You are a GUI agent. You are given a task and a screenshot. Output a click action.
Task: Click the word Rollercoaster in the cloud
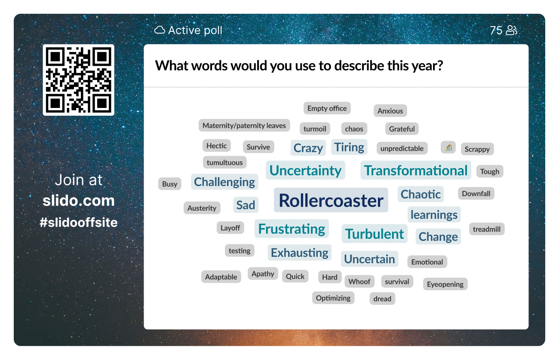click(331, 200)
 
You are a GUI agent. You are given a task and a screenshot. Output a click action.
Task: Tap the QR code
click(79, 80)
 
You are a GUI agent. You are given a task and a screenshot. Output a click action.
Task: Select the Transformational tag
click(416, 170)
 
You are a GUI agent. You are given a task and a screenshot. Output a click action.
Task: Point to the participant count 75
click(496, 31)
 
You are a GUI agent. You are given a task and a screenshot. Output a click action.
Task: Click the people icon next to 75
click(512, 31)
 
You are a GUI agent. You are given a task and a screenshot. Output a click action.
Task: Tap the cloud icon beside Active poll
click(160, 30)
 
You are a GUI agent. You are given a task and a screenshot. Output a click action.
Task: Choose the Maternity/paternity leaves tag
click(244, 125)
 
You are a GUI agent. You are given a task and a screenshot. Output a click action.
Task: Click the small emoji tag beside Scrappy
click(448, 148)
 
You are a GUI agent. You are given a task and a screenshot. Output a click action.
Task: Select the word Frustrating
click(292, 229)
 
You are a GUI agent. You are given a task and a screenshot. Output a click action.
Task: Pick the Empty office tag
click(327, 108)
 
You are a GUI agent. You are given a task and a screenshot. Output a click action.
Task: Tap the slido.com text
click(79, 200)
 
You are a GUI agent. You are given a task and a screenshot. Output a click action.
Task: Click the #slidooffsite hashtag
click(79, 222)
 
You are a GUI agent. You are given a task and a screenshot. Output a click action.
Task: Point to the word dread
click(382, 298)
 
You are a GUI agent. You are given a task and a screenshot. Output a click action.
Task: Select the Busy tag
click(170, 184)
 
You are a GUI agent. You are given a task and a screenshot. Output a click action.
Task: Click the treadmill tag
click(487, 229)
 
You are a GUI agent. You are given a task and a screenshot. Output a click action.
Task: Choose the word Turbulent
click(375, 234)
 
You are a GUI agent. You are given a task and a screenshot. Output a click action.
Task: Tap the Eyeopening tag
click(445, 284)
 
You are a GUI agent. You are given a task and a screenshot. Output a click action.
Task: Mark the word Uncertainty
click(305, 170)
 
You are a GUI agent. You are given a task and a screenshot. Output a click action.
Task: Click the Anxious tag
click(390, 111)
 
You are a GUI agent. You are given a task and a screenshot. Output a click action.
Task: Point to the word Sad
click(246, 205)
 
